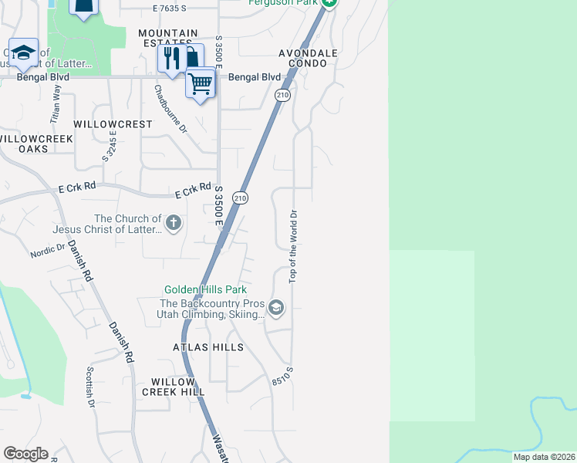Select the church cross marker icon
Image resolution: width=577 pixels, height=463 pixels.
174,224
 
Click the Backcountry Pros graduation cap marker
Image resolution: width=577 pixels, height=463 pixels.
276,309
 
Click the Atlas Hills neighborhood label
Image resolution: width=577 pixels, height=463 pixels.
208,347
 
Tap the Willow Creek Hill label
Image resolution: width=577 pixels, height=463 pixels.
178,387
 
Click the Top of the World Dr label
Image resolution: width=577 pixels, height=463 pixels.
293,246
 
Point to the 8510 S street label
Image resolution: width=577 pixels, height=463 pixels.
283,377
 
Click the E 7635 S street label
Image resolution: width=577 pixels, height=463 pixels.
170,8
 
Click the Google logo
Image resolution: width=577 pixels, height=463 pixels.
25,454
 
